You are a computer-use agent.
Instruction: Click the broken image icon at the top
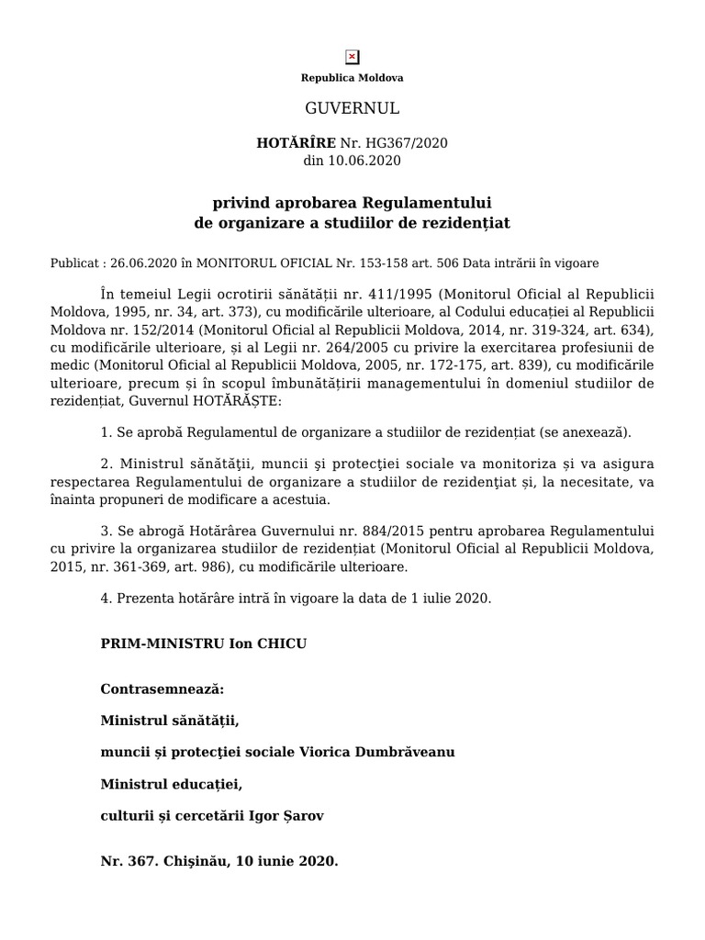pyautogui.click(x=352, y=57)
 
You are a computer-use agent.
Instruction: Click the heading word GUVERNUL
pyautogui.click(x=352, y=108)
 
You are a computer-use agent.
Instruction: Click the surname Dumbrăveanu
pyautogui.click(x=404, y=752)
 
